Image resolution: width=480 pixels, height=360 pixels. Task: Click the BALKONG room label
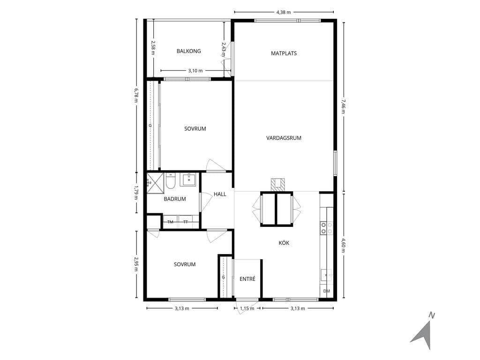click(188, 51)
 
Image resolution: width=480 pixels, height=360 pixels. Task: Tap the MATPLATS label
click(284, 53)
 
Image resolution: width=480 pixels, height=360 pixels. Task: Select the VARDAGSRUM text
click(284, 138)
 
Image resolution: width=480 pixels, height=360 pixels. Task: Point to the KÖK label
click(284, 243)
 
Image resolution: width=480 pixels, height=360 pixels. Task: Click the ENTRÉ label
click(247, 279)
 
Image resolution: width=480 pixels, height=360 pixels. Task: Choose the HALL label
click(220, 194)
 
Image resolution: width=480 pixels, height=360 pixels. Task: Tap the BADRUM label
click(175, 199)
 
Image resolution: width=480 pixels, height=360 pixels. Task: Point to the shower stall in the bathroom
click(155, 183)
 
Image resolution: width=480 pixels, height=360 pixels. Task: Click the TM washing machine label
click(170, 222)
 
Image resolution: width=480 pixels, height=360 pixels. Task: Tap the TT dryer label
click(186, 222)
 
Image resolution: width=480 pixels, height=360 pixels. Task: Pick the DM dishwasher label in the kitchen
click(327, 291)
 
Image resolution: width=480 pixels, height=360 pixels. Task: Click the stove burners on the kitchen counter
click(327, 228)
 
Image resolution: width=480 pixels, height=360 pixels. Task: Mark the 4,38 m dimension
click(284, 12)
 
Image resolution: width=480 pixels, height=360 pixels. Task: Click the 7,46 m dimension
click(344, 106)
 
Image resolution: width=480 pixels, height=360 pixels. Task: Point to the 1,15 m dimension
click(247, 308)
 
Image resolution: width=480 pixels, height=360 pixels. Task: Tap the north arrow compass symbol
click(424, 331)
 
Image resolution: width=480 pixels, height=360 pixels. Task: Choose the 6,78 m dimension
click(136, 96)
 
